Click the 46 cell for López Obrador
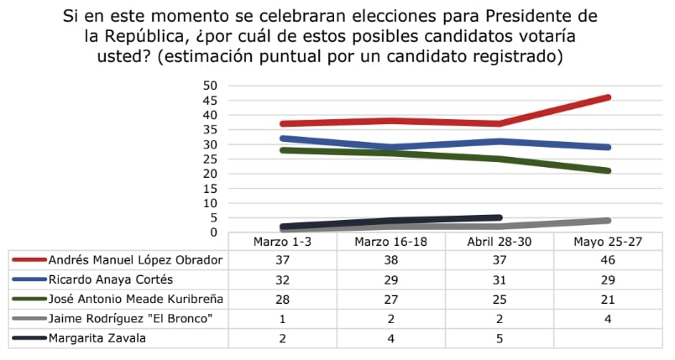[608, 260]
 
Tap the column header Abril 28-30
[500, 241]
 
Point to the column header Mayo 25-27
[608, 241]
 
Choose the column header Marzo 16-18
[390, 241]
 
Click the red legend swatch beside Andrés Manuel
[28, 260]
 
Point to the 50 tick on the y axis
[211, 86]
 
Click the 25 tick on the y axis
[211, 159]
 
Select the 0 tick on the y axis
[214, 232]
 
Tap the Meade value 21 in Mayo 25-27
[608, 300]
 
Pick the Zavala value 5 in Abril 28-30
[500, 339]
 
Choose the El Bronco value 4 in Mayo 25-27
[608, 319]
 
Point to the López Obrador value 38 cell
[390, 260]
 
